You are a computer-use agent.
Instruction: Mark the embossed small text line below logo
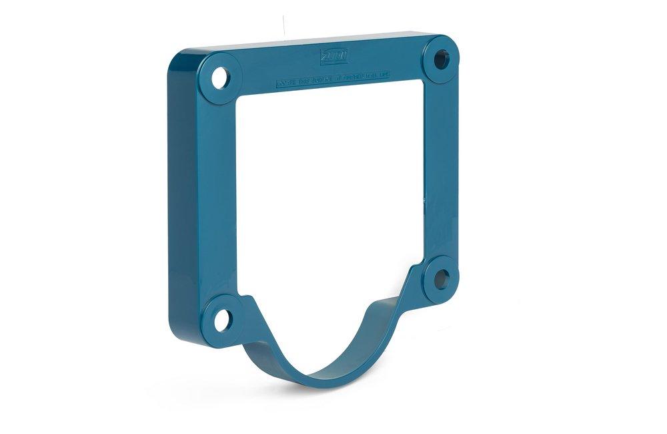[x=333, y=81]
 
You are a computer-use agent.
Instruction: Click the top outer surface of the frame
[x=300, y=41]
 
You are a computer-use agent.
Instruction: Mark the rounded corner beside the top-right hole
[x=457, y=45]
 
